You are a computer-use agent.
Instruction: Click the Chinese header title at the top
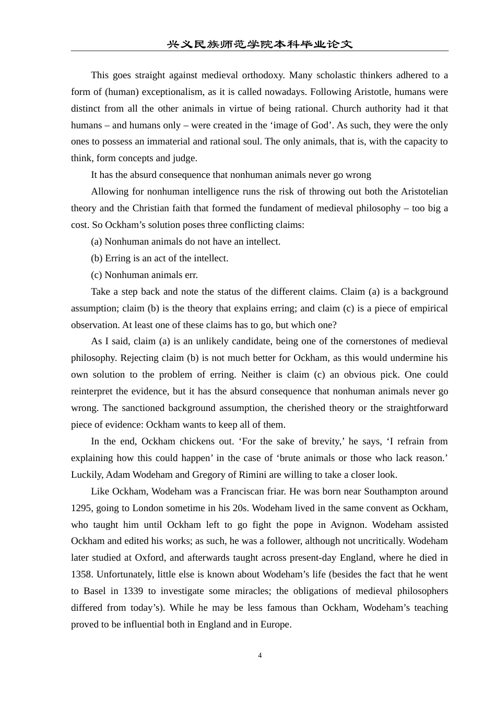tap(259, 44)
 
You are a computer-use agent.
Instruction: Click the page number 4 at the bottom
tap(259, 656)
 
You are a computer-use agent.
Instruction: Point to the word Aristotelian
tap(424, 191)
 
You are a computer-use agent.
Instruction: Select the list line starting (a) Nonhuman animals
tap(185, 241)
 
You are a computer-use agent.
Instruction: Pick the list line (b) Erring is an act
tap(159, 258)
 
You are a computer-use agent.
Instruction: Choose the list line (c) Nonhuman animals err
tap(144, 275)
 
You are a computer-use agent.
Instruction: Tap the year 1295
tap(81, 508)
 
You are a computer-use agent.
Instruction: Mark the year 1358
tap(81, 574)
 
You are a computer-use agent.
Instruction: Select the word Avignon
tap(430, 525)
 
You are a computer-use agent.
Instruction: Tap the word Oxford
tap(149, 558)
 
